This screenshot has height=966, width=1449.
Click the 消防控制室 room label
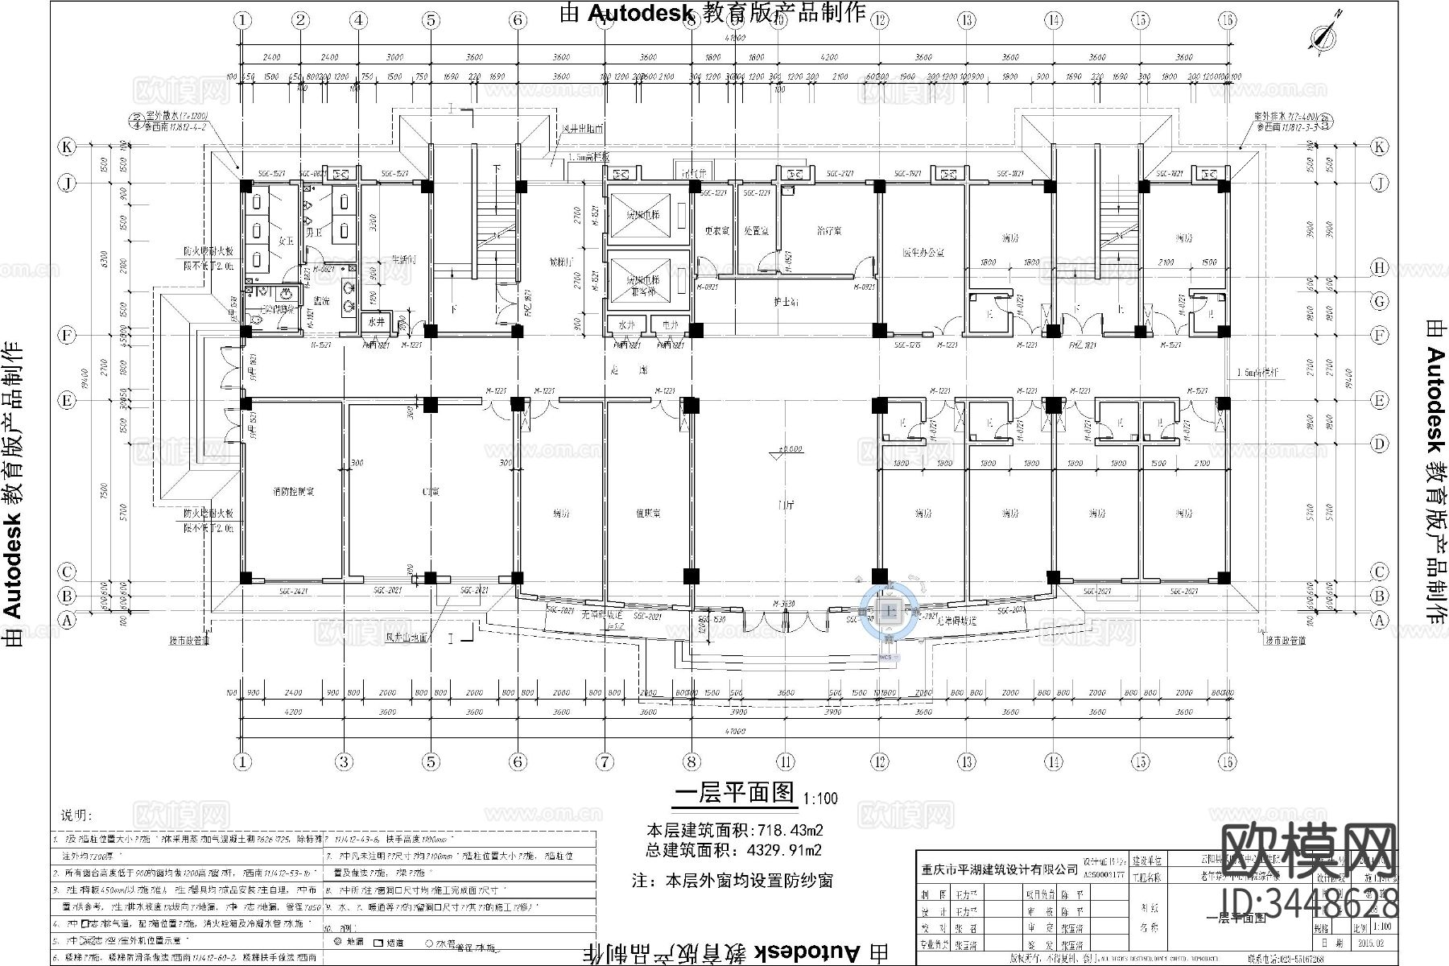tap(294, 491)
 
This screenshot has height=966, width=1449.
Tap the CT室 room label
tap(431, 491)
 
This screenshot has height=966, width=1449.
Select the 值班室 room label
tap(648, 513)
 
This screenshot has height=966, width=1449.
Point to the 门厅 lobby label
tap(786, 506)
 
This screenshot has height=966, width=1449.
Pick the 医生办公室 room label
tap(923, 252)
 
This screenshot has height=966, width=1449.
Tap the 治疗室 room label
tap(828, 231)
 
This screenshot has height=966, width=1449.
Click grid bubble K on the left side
tap(68, 147)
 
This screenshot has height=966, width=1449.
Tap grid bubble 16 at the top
tap(1226, 20)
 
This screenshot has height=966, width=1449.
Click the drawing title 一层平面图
tap(734, 793)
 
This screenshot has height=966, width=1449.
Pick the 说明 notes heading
tap(77, 815)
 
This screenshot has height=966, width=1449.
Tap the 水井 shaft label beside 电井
tap(627, 324)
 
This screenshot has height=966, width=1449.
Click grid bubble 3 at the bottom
tap(345, 762)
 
